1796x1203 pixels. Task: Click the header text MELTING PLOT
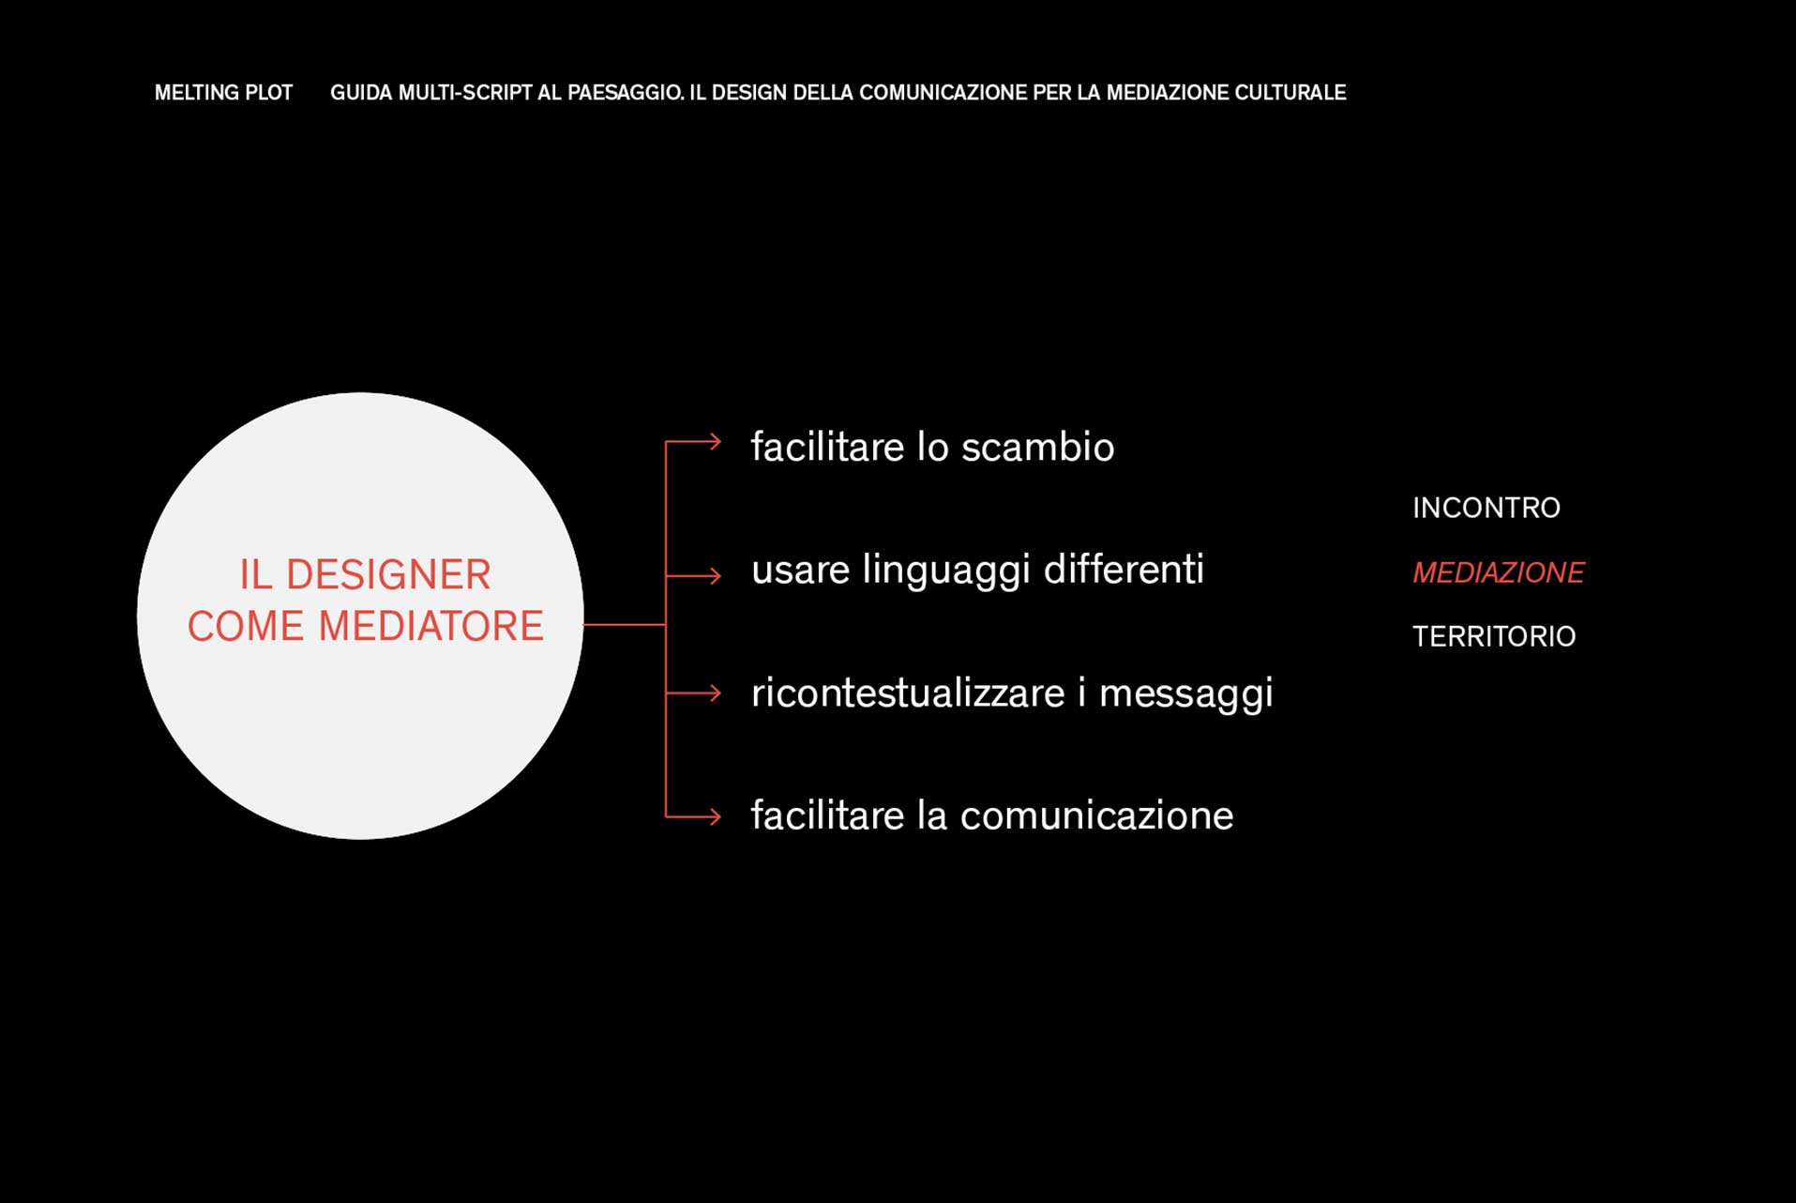coord(223,93)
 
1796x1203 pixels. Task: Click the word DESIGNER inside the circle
coord(388,575)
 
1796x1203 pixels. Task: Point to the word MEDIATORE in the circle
coord(431,627)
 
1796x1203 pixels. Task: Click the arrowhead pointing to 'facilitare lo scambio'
coord(716,441)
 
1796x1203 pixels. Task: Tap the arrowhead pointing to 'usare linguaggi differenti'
coord(716,575)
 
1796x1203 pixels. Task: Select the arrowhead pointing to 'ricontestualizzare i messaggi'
coord(716,693)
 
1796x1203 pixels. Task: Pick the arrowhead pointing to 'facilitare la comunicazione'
coord(716,816)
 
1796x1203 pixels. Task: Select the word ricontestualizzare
coord(908,693)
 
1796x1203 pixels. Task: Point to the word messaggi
coord(1186,695)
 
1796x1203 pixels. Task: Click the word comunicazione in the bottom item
coord(1097,815)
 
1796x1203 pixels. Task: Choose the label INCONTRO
coord(1487,509)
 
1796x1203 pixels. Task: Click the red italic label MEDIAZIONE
coord(1499,572)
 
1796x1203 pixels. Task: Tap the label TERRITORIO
coord(1494,637)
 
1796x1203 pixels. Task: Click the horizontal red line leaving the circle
coord(625,624)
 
